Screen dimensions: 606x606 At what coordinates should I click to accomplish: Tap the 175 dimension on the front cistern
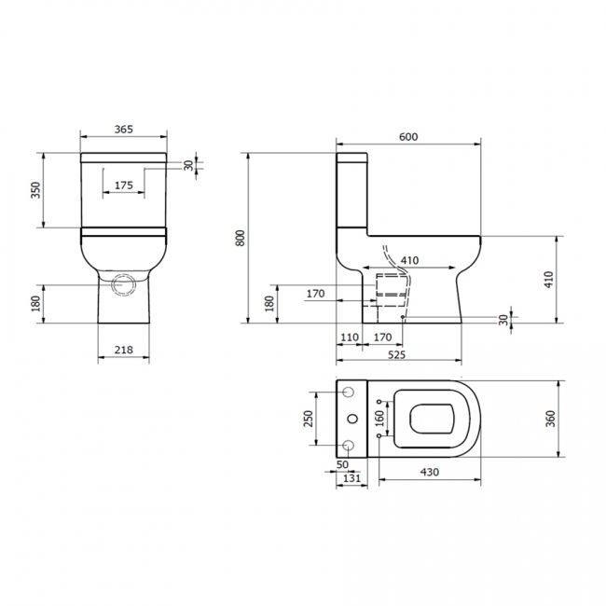(124, 186)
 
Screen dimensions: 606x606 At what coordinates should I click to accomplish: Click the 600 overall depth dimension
(408, 136)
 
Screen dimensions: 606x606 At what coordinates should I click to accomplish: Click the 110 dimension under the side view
(349, 337)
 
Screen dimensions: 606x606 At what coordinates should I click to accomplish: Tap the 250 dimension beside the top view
(308, 420)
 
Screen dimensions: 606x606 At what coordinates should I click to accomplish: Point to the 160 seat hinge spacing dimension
(379, 420)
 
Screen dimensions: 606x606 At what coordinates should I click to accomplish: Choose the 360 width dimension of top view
(550, 420)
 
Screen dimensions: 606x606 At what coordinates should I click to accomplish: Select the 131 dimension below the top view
(351, 478)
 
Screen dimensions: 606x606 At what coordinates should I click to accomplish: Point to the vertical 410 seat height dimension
(550, 279)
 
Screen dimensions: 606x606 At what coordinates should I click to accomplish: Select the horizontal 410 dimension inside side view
(408, 260)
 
